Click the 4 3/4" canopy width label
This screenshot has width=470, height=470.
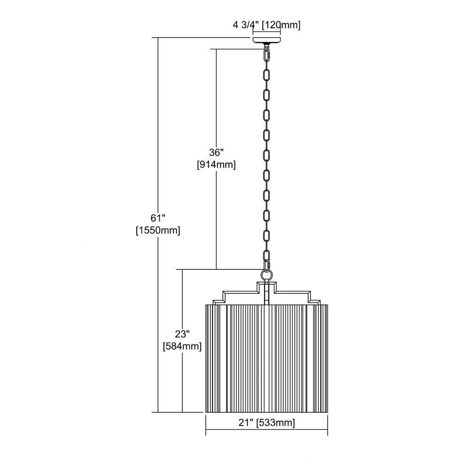coord(246,24)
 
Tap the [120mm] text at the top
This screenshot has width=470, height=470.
coord(281,25)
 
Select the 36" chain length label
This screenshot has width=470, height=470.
coord(216,152)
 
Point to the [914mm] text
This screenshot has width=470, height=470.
coord(216,164)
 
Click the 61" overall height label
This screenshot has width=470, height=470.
coord(158,218)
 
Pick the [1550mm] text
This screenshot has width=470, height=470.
coord(158,230)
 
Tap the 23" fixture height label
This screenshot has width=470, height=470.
coord(182,334)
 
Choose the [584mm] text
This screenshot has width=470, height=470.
coord(182,346)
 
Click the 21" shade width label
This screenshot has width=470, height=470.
coord(246,423)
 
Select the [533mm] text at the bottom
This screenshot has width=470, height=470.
coord(276,423)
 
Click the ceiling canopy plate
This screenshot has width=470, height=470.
coord(266,40)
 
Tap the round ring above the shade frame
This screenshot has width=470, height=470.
coord(266,274)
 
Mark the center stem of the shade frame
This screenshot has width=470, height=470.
coord(266,294)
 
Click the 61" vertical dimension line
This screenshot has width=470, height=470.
coord(158,225)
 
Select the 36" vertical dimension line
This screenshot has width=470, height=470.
coord(216,159)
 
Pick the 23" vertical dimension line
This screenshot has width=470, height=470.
coord(182,341)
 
